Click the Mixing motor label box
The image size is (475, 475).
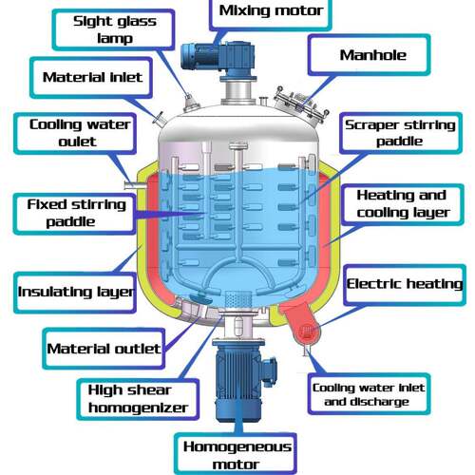270,13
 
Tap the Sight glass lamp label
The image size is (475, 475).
113,29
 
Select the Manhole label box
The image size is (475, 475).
370,55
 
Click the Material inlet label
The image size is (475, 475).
91,77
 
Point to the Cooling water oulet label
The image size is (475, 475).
75,133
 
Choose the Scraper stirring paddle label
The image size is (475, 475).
401,133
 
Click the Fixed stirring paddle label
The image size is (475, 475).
75,214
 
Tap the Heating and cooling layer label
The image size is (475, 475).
403,204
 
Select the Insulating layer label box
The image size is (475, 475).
75,293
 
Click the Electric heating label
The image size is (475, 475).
405,285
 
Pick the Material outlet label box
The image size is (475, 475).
104,349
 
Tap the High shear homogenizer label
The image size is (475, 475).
138,399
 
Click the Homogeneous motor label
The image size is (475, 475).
236,454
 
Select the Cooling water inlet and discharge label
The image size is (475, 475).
370,394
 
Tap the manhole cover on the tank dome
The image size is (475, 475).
301,105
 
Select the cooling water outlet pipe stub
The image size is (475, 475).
134,184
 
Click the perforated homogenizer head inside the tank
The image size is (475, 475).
238,298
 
